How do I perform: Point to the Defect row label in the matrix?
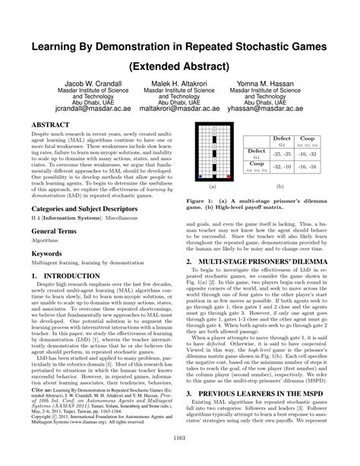click(249, 151)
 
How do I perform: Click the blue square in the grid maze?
click(200, 176)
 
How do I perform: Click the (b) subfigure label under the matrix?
click(280, 186)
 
